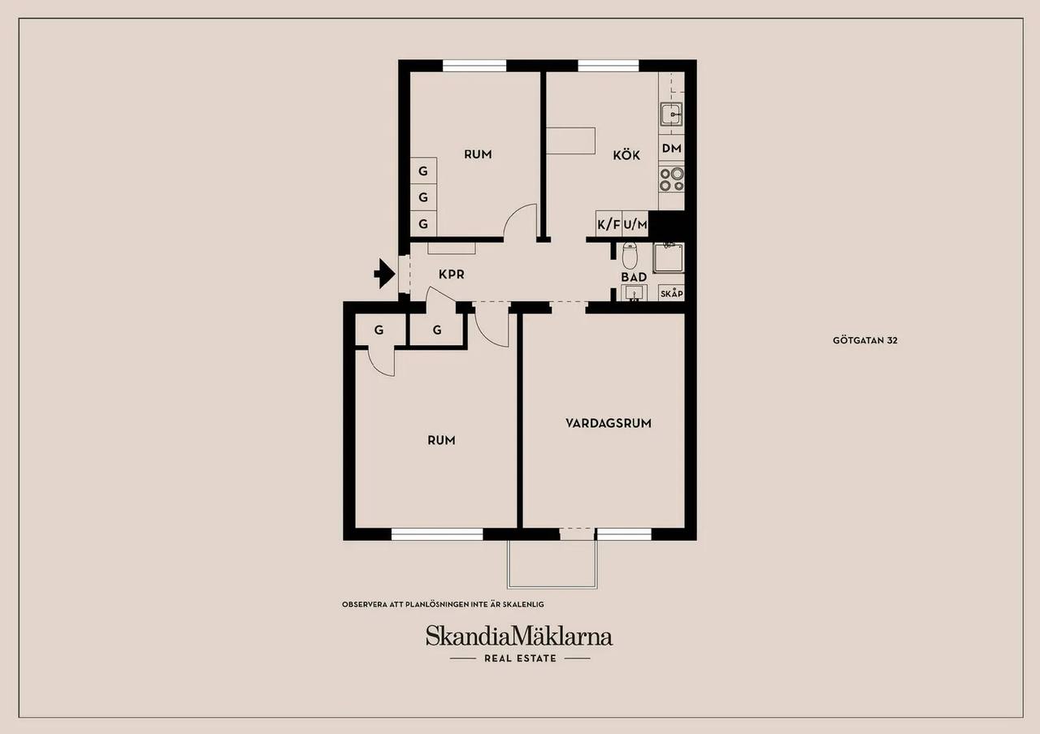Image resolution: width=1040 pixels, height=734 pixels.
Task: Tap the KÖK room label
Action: point(626,155)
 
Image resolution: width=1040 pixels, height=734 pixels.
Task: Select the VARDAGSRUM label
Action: point(609,423)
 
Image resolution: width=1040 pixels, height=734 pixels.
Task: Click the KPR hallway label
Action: point(451,274)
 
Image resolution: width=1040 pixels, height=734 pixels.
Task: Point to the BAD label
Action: point(634,277)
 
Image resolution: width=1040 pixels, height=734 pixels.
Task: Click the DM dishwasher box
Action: point(671,149)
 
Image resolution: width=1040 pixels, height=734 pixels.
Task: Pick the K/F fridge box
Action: point(609,225)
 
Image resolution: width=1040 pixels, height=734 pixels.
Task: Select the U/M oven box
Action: point(635,225)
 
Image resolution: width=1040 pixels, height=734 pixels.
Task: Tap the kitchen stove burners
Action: point(672,179)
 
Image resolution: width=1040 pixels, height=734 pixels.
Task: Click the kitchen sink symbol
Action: point(671,114)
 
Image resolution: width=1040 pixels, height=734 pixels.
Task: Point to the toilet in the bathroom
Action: point(630,256)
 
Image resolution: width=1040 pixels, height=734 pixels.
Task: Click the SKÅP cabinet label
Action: point(671,294)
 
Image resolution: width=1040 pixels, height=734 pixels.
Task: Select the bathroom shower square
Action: point(669,258)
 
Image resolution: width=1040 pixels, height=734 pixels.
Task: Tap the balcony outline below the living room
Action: point(552,587)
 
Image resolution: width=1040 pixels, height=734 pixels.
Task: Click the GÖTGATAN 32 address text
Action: point(865,340)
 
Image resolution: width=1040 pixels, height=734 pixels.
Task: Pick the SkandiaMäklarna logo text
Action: point(519,636)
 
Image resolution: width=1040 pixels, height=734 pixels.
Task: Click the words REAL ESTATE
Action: point(520,658)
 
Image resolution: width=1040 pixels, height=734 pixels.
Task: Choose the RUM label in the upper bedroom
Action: point(478,154)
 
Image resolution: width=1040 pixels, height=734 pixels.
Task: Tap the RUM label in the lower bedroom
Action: point(441,440)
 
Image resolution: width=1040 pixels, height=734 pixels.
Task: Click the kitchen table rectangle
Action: point(570,140)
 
